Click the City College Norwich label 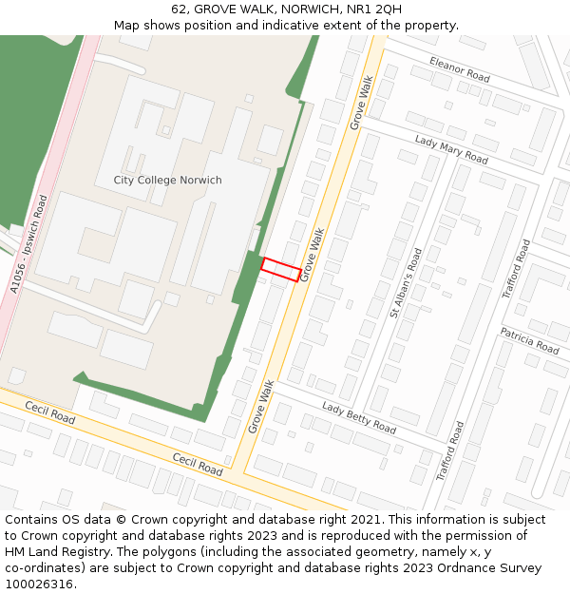coord(167,181)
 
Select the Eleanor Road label coord(459,68)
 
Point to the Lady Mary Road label coord(450,149)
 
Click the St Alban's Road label coord(406,282)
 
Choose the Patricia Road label coord(529,340)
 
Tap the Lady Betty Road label coord(358,417)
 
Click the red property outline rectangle coord(281,269)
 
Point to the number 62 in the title coord(180,10)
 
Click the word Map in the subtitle coord(127,26)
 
